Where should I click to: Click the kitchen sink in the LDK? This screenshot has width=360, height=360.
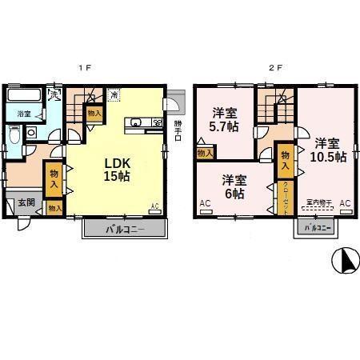click(135, 122)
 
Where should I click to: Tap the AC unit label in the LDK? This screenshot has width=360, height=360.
click(155, 207)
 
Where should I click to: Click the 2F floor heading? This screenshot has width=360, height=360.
click(275, 68)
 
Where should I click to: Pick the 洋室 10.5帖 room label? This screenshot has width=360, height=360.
click(329, 150)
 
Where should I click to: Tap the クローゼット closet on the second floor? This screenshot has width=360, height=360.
click(286, 195)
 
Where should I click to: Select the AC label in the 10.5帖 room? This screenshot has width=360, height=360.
click(345, 204)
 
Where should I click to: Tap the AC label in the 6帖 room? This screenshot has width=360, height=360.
click(205, 204)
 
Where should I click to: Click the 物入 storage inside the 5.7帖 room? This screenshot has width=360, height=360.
click(205, 152)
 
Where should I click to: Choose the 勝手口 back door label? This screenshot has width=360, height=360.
click(178, 127)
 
